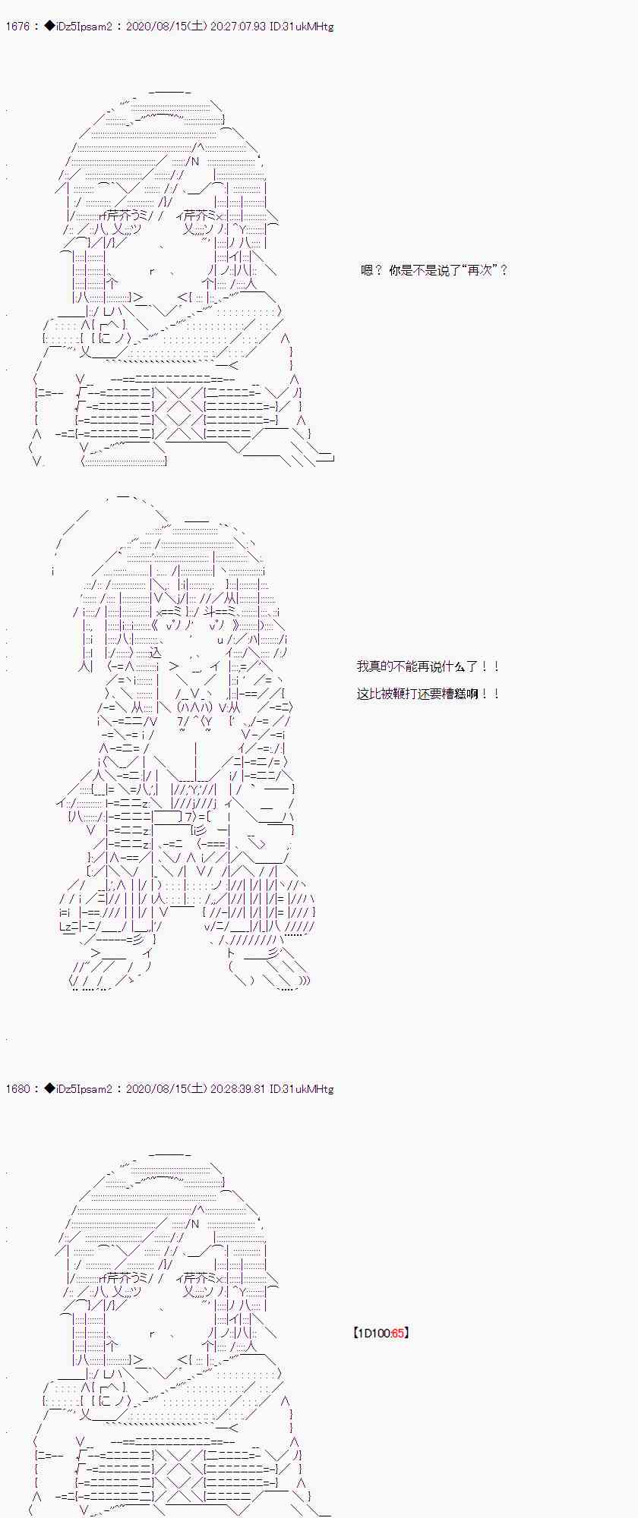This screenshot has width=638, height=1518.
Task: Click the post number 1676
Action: click(x=17, y=27)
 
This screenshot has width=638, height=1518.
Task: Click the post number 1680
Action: click(x=17, y=1089)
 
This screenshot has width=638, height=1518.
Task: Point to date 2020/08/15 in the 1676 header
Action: click(x=153, y=27)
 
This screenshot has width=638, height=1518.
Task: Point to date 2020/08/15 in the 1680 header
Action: click(x=153, y=1089)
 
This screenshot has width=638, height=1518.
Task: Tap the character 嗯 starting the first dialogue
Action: click(x=367, y=270)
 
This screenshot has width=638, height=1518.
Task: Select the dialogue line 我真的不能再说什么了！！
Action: click(x=428, y=666)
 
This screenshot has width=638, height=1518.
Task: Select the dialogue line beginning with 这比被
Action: click(x=428, y=694)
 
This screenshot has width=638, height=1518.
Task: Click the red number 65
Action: click(x=398, y=1333)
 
